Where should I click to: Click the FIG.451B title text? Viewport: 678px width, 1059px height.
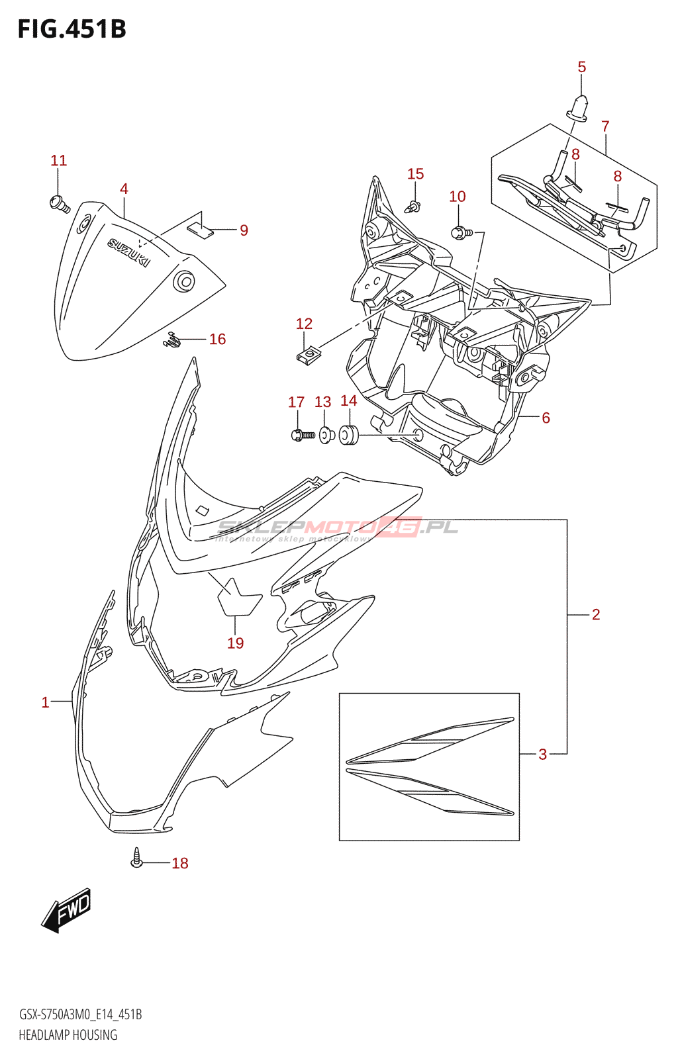tap(72, 29)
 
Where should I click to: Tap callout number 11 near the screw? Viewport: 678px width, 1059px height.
tap(59, 161)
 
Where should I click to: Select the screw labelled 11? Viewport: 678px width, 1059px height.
tap(59, 203)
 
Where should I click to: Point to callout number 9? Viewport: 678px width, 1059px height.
tap(244, 230)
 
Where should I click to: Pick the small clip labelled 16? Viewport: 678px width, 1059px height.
tap(172, 340)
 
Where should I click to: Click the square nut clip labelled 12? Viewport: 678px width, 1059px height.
tap(305, 356)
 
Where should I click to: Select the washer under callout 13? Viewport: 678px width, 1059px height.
tap(324, 435)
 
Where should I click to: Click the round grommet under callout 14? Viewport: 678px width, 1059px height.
tap(348, 435)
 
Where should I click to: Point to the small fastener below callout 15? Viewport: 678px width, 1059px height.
tap(413, 207)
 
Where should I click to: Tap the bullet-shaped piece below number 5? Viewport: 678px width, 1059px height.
tap(579, 108)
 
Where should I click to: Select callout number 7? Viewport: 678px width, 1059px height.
tap(605, 126)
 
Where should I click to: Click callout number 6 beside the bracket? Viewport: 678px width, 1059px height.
tap(546, 418)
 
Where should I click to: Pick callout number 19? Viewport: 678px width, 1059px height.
tap(236, 643)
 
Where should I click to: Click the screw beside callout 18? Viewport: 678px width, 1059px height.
tap(137, 859)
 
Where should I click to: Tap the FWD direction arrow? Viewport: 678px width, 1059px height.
tap(67, 909)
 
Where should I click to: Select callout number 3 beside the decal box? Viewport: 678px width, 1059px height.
tap(542, 754)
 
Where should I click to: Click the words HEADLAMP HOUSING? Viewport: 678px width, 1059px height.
tap(68, 1035)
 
